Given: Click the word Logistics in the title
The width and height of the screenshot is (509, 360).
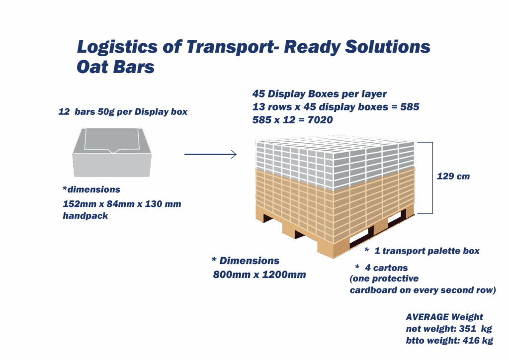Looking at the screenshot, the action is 117,47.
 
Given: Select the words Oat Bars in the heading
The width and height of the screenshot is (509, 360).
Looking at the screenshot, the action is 115,67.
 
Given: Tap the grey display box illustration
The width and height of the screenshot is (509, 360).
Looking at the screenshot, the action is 112,152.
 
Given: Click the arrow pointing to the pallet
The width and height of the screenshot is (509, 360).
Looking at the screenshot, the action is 210,154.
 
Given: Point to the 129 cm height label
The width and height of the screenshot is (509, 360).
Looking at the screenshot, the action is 453,176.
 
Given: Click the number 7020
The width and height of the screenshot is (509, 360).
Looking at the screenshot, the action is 320,120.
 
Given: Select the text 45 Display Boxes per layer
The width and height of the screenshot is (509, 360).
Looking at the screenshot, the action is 320,94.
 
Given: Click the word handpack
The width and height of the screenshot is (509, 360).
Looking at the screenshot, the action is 85,216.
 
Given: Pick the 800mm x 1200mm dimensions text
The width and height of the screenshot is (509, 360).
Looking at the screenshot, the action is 259,274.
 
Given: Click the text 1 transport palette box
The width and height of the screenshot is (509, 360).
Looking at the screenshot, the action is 427,251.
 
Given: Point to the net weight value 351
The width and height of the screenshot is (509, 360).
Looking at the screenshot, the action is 468,329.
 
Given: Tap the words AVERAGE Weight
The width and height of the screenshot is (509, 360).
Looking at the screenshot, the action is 444,317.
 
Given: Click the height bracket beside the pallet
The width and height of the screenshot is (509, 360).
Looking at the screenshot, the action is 432,178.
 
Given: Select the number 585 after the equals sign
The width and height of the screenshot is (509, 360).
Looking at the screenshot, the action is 410,107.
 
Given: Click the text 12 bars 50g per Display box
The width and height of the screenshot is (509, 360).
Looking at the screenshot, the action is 123,112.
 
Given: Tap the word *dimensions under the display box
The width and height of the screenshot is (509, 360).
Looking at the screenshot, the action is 91,189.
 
